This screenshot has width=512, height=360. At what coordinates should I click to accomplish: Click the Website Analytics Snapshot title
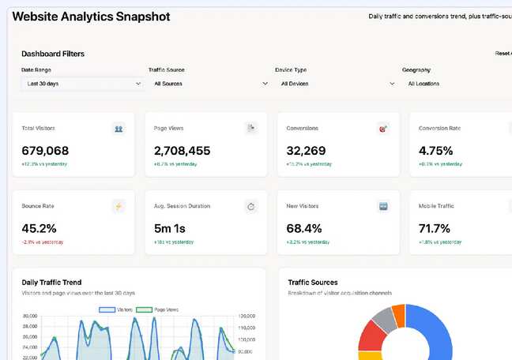[91, 17]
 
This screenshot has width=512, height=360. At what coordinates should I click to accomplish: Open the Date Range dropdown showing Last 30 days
[82, 83]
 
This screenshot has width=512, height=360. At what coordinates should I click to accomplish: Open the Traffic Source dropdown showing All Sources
[209, 83]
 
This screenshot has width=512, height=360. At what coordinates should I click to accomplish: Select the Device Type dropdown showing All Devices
[336, 83]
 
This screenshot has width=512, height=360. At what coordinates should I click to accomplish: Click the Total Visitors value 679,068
[45, 151]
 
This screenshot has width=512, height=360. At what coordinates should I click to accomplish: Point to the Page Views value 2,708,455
[182, 151]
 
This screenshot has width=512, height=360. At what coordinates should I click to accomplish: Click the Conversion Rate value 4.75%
[435, 151]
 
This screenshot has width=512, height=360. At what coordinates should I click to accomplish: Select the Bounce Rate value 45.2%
[39, 229]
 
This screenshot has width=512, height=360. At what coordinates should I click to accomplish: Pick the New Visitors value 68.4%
[304, 229]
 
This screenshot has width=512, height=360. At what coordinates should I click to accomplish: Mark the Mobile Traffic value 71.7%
[435, 229]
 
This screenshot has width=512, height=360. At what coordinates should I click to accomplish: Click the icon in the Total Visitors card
[119, 129]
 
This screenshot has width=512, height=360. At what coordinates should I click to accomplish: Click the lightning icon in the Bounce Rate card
[119, 207]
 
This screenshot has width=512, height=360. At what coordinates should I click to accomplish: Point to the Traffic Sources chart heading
[313, 282]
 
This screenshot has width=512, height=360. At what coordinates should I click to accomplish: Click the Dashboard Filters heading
[53, 54]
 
